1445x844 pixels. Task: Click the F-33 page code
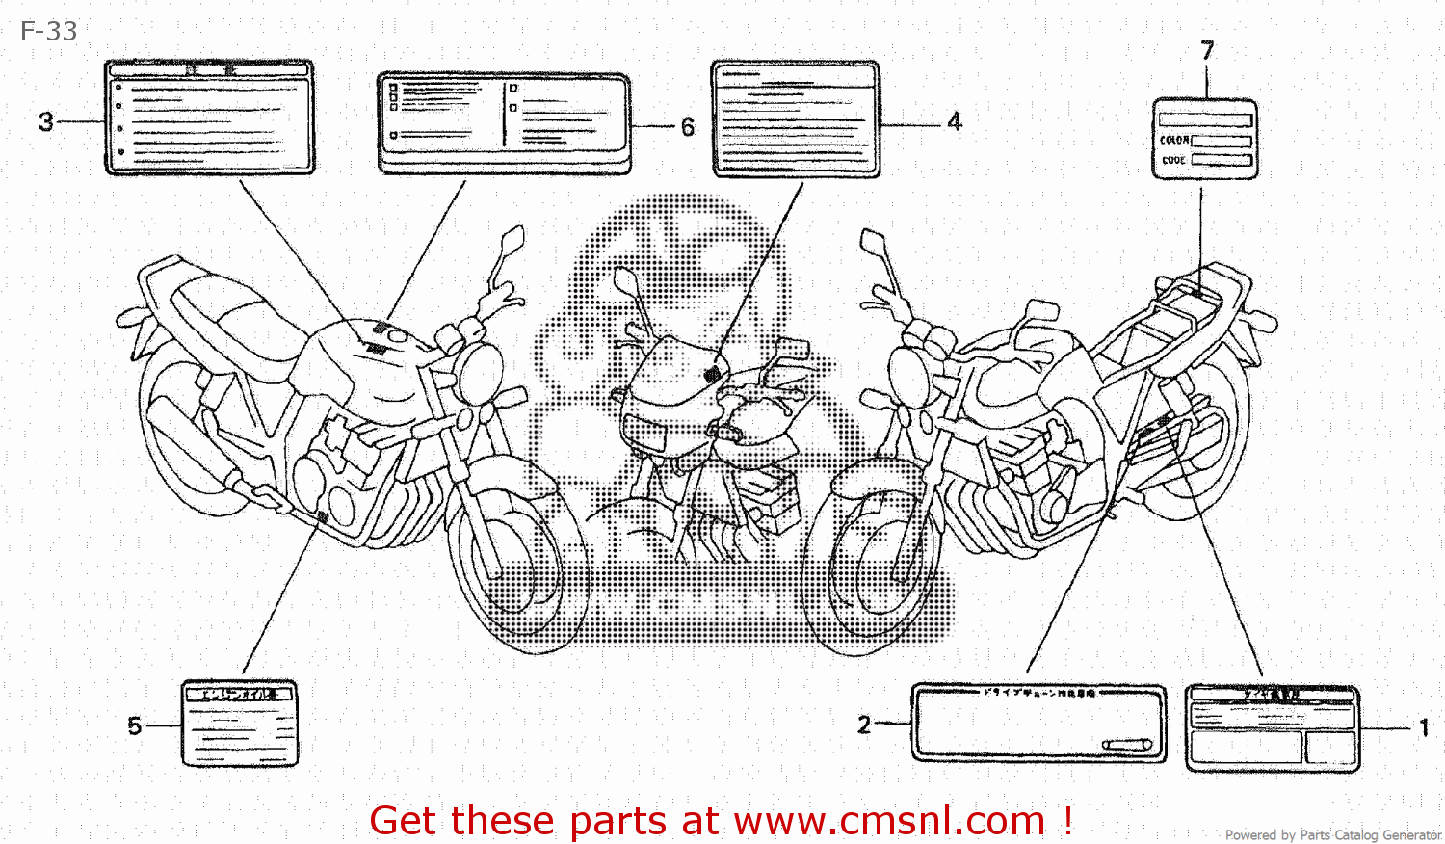tap(48, 32)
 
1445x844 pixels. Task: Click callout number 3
tap(45, 122)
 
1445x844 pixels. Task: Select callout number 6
tap(688, 127)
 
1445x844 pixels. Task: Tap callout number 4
tap(954, 122)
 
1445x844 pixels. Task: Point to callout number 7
tap(1207, 50)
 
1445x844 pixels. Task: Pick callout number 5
tap(134, 725)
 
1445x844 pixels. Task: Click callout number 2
tap(864, 725)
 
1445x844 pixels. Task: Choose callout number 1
tap(1423, 727)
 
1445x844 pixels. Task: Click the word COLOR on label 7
tap(1174, 141)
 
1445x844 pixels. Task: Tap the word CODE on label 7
tap(1173, 160)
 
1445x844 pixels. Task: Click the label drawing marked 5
tap(239, 724)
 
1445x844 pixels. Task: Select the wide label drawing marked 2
tap(1038, 723)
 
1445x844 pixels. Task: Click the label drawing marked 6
tap(504, 123)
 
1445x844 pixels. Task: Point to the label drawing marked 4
tap(796, 119)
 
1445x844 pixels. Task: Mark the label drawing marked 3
tap(209, 118)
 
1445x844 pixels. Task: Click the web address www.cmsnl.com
tap(889, 821)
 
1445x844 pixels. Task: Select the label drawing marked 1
tap(1272, 728)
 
